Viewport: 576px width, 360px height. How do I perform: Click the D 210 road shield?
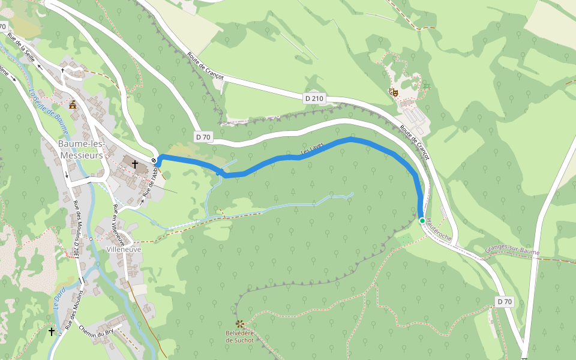click(314, 98)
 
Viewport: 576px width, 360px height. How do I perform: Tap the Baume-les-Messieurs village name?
click(82, 150)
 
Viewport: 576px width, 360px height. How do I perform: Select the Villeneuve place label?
click(123, 248)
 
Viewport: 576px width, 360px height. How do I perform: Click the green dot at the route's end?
click(422, 221)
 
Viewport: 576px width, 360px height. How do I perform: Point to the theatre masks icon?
click(394, 92)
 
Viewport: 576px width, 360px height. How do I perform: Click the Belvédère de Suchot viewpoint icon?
click(240, 324)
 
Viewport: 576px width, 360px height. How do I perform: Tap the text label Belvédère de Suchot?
click(239, 337)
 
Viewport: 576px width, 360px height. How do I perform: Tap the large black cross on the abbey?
click(136, 163)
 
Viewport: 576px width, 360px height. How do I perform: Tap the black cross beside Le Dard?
click(51, 331)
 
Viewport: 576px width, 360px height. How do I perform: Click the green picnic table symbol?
click(426, 86)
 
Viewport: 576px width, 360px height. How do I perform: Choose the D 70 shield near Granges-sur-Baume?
click(505, 301)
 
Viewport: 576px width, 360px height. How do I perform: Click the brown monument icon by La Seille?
click(73, 104)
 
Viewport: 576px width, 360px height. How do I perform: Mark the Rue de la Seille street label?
click(21, 45)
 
